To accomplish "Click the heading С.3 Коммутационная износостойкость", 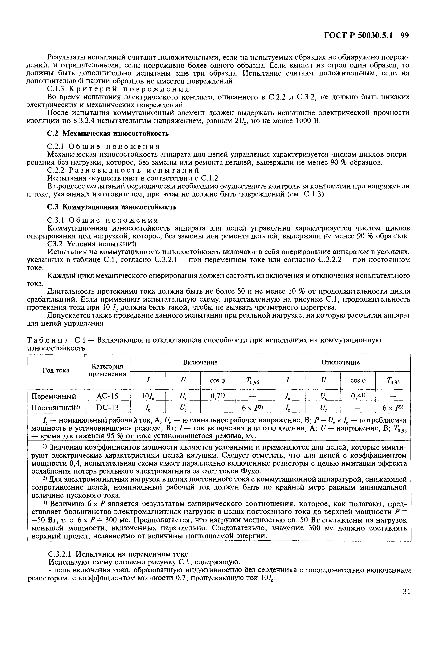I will coord(112,207).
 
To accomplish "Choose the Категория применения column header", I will coord(107,370).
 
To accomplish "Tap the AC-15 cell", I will coord(107,396).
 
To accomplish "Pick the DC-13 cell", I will coord(107,408).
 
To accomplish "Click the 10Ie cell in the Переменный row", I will coord(148,396).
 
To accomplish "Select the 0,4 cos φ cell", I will coord(358,396).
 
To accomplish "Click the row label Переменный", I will coord(54,396).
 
